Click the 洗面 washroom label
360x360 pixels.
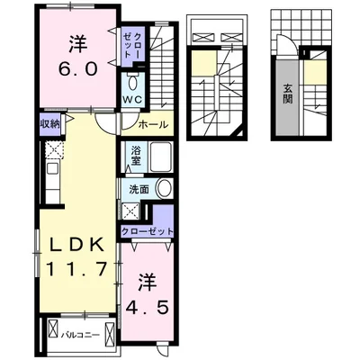coord(139,189)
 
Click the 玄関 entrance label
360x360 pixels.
coord(288,93)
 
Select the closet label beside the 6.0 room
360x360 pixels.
coord(138,41)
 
